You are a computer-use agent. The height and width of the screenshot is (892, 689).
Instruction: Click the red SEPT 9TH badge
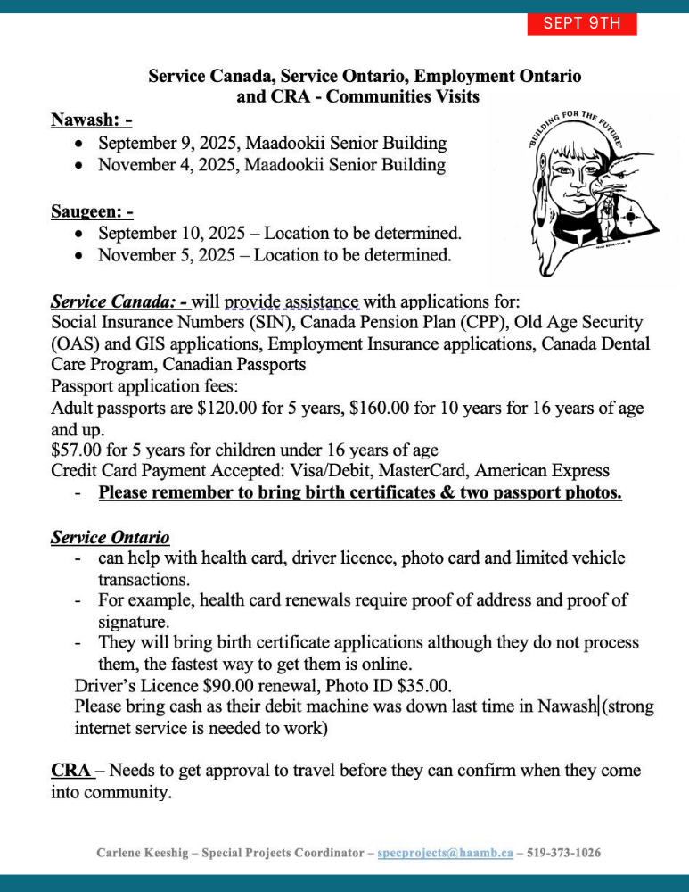click(x=582, y=23)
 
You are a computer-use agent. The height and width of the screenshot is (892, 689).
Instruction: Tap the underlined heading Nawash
click(x=91, y=120)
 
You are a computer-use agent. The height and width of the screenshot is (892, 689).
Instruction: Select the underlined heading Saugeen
click(x=92, y=211)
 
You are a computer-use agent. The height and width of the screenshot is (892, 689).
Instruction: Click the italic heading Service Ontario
click(x=110, y=538)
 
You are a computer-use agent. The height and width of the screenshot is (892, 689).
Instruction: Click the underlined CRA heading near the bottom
click(x=71, y=770)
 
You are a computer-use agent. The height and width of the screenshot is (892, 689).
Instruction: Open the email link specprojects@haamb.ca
click(x=445, y=853)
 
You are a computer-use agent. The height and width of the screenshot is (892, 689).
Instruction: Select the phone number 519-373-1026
click(x=563, y=853)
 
